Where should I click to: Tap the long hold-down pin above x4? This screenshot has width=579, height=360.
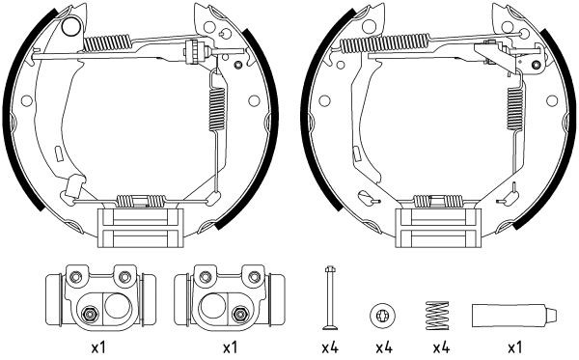[x=330, y=298]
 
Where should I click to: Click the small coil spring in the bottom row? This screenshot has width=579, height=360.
[x=437, y=316]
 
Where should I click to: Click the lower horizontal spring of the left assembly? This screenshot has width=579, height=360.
[x=141, y=202]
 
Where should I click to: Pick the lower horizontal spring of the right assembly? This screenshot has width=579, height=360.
[x=439, y=202]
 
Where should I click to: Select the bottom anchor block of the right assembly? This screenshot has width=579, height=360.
[x=439, y=230]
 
